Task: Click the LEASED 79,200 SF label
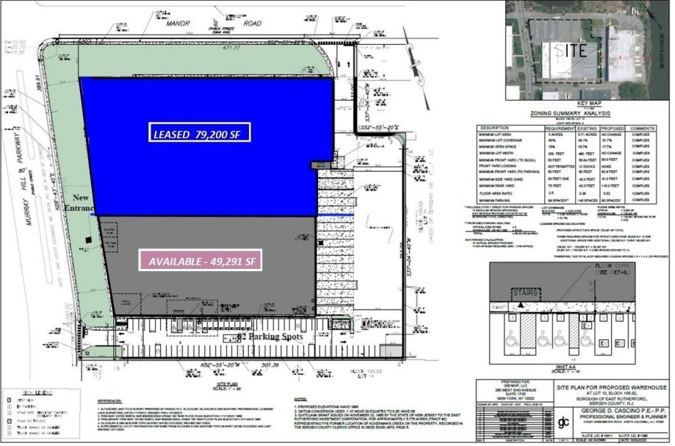click(200, 133)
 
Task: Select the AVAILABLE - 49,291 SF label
click(201, 261)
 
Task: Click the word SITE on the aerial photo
click(569, 51)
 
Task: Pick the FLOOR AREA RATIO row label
click(499, 192)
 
